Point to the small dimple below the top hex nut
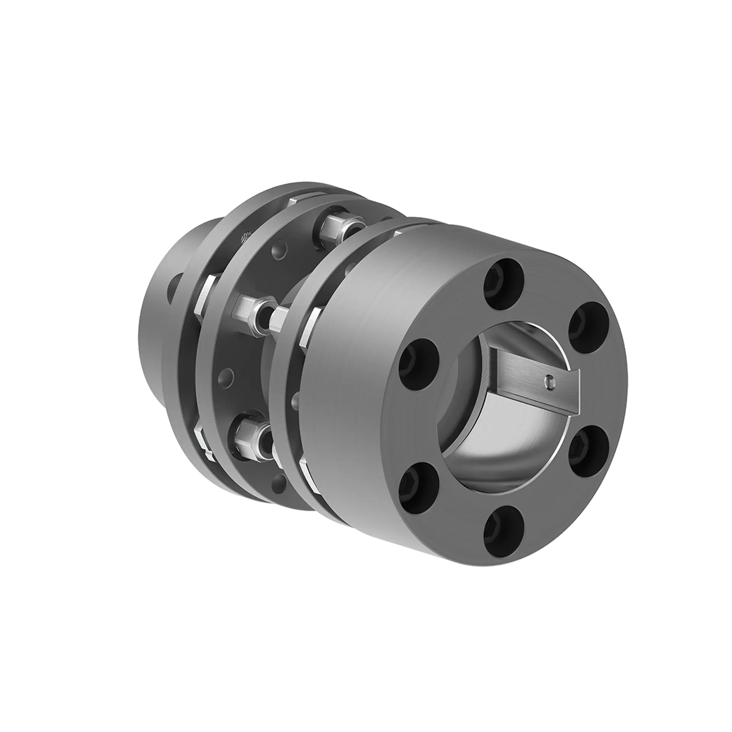(275, 252)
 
